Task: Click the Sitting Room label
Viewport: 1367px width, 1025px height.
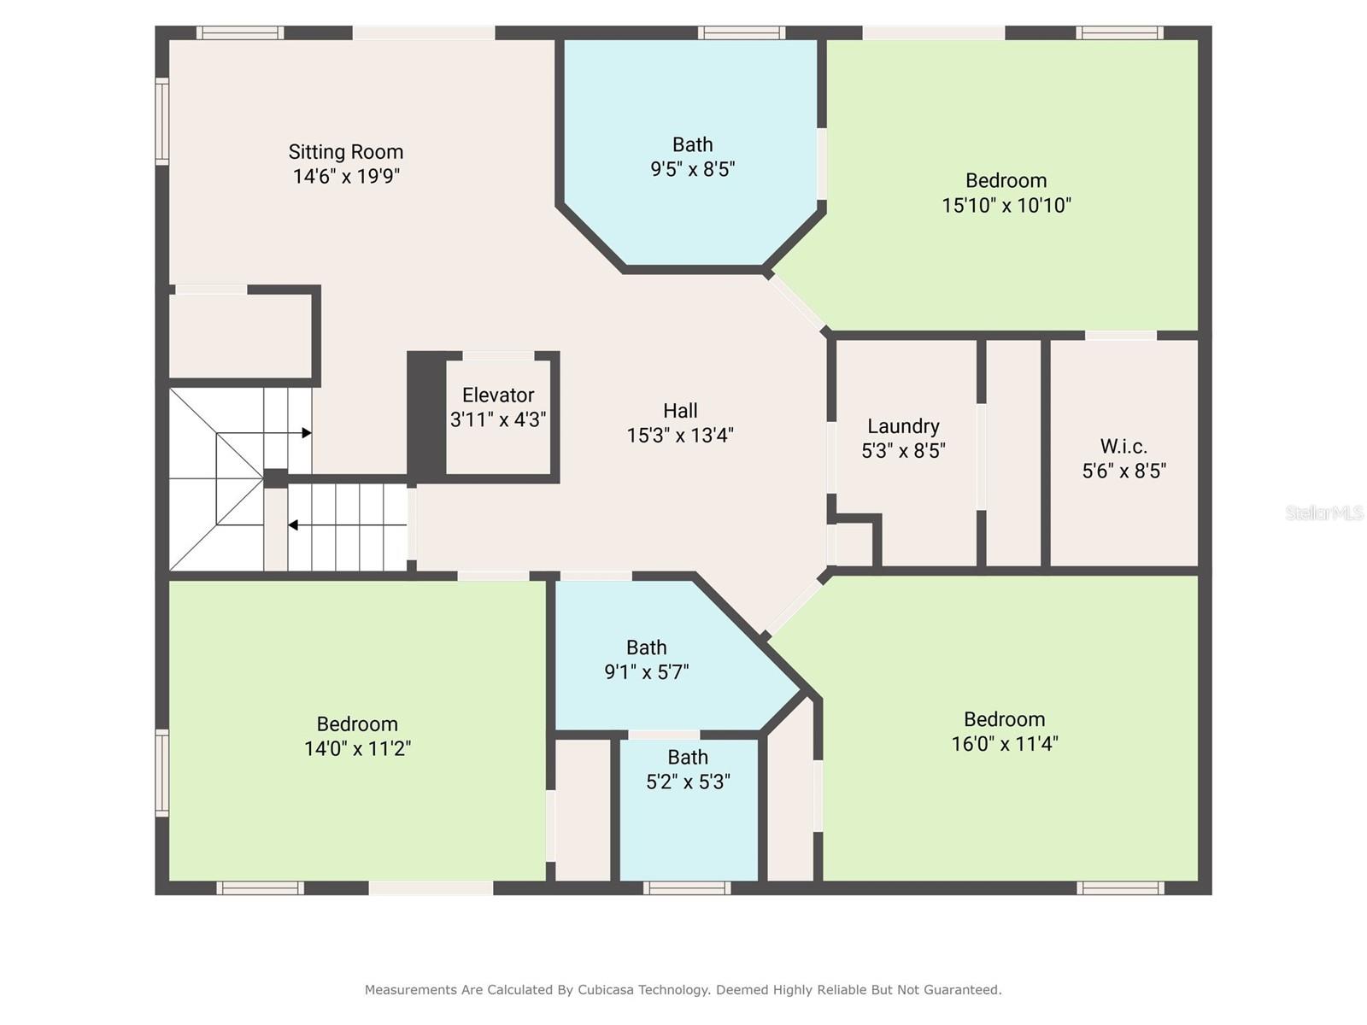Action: [345, 152]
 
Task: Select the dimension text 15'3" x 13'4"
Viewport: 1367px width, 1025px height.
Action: [680, 436]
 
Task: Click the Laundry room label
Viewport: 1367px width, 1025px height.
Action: [903, 426]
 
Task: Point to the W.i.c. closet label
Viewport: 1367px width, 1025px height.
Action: [1124, 447]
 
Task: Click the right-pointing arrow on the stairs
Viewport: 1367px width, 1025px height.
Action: [306, 433]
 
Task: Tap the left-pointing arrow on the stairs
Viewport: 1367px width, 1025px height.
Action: [293, 524]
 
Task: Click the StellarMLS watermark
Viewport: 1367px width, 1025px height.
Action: [1323, 512]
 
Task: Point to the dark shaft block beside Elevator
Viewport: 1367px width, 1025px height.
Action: [425, 413]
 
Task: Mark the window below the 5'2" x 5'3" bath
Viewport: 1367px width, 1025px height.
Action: [687, 888]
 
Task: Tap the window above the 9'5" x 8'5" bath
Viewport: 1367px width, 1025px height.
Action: [741, 32]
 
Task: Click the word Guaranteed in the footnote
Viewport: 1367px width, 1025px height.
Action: [963, 990]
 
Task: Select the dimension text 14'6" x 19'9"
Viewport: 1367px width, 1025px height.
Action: [346, 177]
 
